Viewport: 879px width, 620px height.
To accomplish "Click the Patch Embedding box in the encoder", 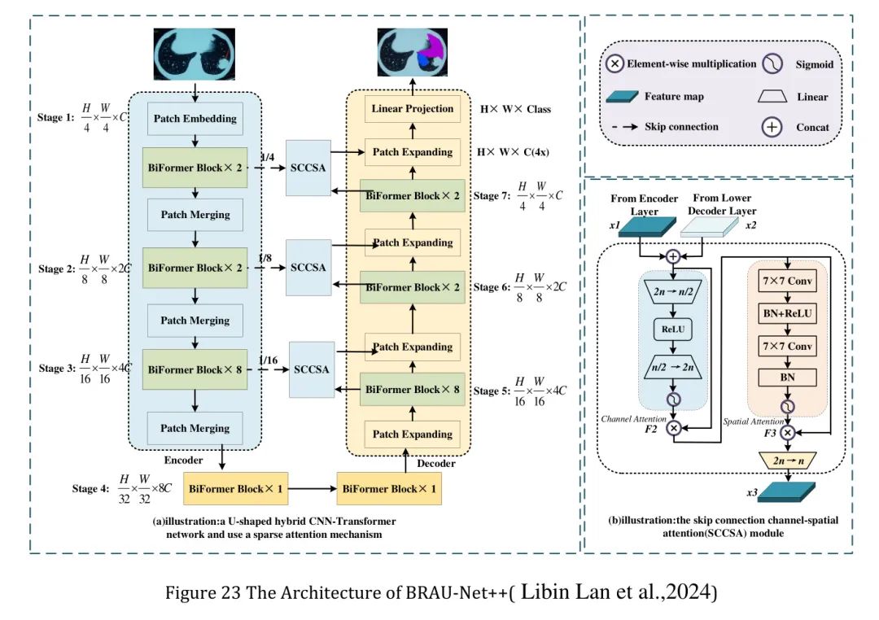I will click(x=195, y=118).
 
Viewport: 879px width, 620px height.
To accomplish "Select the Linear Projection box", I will click(x=412, y=109).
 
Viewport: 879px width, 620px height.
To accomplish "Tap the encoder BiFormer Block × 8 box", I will click(x=195, y=369).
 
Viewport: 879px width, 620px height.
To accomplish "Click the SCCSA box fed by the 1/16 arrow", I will click(x=312, y=369).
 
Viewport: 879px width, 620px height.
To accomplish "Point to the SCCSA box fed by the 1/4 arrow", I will click(x=308, y=168).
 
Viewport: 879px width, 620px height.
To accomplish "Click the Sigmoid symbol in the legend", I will click(x=772, y=64).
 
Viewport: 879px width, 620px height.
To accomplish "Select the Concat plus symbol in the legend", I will click(x=772, y=127).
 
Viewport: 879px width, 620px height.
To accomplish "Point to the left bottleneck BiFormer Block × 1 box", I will click(x=235, y=489).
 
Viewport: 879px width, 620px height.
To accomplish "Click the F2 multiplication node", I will click(x=673, y=428).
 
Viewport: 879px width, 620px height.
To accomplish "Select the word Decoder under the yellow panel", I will click(x=436, y=464).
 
